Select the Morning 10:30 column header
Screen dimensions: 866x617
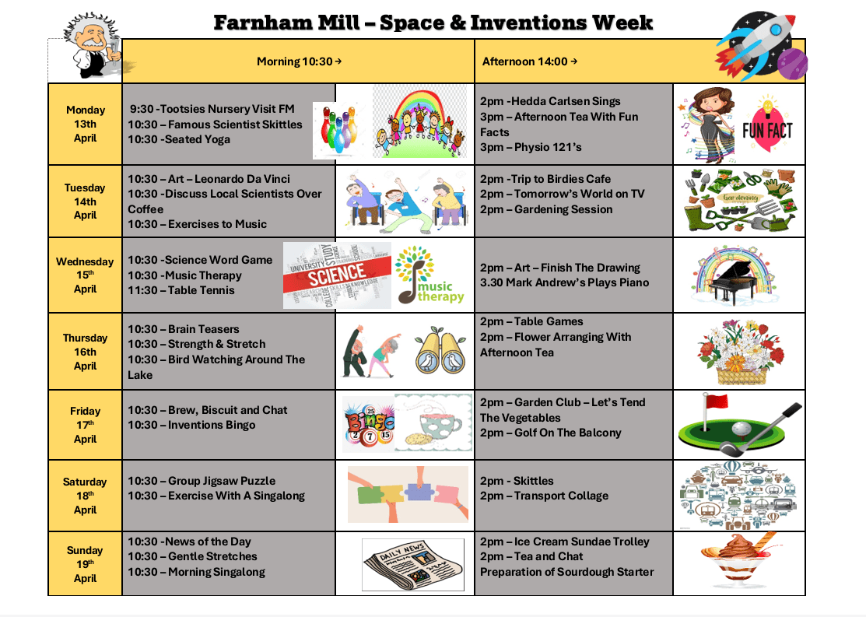coord(299,61)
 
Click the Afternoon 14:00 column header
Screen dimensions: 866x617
coord(530,61)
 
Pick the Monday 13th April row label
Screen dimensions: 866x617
coord(85,124)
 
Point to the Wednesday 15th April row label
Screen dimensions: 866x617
coord(85,275)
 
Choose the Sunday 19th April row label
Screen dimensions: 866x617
coord(85,564)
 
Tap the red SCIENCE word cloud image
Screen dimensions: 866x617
coord(337,275)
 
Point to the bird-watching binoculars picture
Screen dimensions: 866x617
coord(440,350)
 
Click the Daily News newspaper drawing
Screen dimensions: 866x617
coord(413,565)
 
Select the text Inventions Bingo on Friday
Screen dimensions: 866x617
coord(212,425)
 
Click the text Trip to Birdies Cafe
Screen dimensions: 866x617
coord(561,179)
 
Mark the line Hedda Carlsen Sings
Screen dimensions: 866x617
coord(566,101)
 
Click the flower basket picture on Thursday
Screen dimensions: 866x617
coord(740,352)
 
